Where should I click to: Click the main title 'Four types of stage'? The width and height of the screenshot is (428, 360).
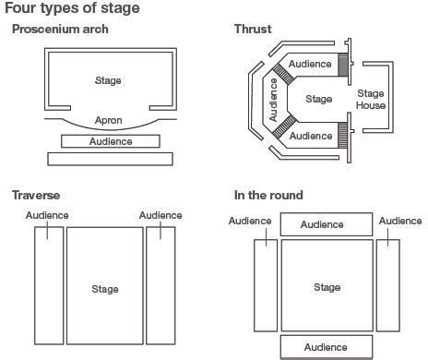(x=72, y=8)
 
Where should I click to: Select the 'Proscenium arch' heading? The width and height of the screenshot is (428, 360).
(x=60, y=30)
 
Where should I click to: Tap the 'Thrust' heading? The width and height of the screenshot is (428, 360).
(x=253, y=30)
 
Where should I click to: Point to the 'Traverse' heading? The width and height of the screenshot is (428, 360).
(x=36, y=196)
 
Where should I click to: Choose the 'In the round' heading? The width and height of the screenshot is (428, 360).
(x=268, y=196)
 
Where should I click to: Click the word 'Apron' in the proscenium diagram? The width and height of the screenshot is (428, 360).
(x=109, y=120)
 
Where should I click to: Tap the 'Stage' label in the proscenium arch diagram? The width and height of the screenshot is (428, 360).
(x=108, y=80)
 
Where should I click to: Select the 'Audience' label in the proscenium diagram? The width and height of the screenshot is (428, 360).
(x=111, y=141)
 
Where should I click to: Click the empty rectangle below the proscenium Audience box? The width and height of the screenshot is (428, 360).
(x=110, y=159)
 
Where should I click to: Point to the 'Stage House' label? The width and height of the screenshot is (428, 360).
(x=371, y=100)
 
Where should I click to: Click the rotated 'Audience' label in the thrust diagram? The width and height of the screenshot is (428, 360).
(x=273, y=100)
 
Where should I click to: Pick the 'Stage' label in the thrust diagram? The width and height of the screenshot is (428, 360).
(x=319, y=99)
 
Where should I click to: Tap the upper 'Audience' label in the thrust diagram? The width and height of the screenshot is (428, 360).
(x=310, y=64)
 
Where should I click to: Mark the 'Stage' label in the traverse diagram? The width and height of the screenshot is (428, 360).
(x=105, y=289)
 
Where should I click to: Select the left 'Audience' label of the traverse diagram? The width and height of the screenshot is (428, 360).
(x=47, y=215)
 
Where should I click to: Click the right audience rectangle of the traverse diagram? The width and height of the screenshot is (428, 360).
(x=160, y=285)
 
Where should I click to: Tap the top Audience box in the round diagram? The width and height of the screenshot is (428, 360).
(x=327, y=224)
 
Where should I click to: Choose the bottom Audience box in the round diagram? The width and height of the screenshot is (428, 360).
(x=327, y=347)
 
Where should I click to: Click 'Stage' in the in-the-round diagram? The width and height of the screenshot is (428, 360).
(x=327, y=287)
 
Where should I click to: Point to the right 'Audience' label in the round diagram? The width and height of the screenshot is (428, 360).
(x=400, y=221)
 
